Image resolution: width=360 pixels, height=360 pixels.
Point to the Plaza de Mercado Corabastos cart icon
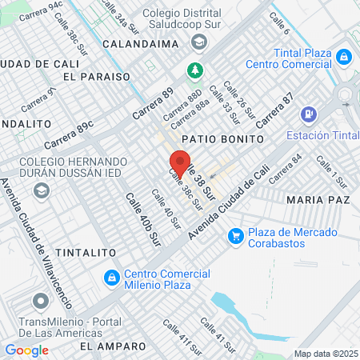[235, 235]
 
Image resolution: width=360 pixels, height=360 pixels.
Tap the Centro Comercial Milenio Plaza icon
[112, 278]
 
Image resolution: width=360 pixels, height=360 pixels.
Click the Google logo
[26, 350]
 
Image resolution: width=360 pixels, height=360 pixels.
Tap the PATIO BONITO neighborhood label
[222, 138]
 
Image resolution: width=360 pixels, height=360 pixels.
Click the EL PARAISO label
[95, 76]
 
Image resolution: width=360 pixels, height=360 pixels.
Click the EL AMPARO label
[113, 346]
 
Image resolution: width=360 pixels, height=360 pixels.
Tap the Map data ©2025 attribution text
[326, 354]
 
